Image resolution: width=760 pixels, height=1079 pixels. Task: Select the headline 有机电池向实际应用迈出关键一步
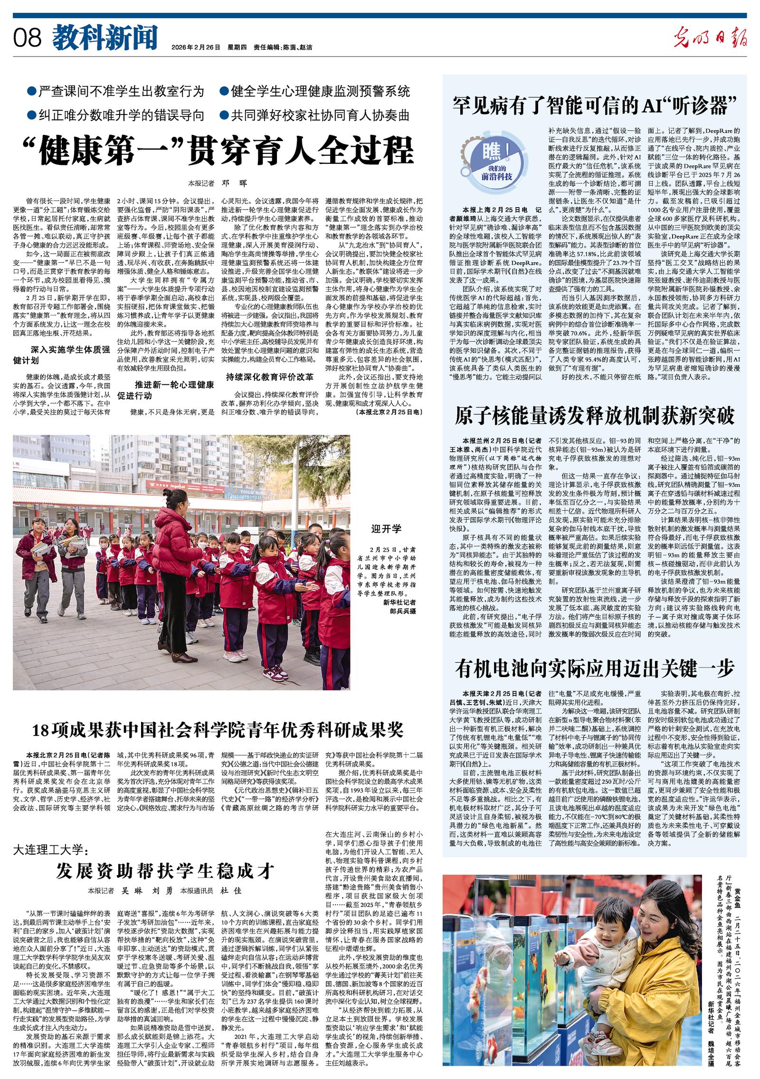point(594,669)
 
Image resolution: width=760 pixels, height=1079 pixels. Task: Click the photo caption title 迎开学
point(386,528)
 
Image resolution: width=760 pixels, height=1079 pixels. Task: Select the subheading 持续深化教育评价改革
point(269,377)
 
